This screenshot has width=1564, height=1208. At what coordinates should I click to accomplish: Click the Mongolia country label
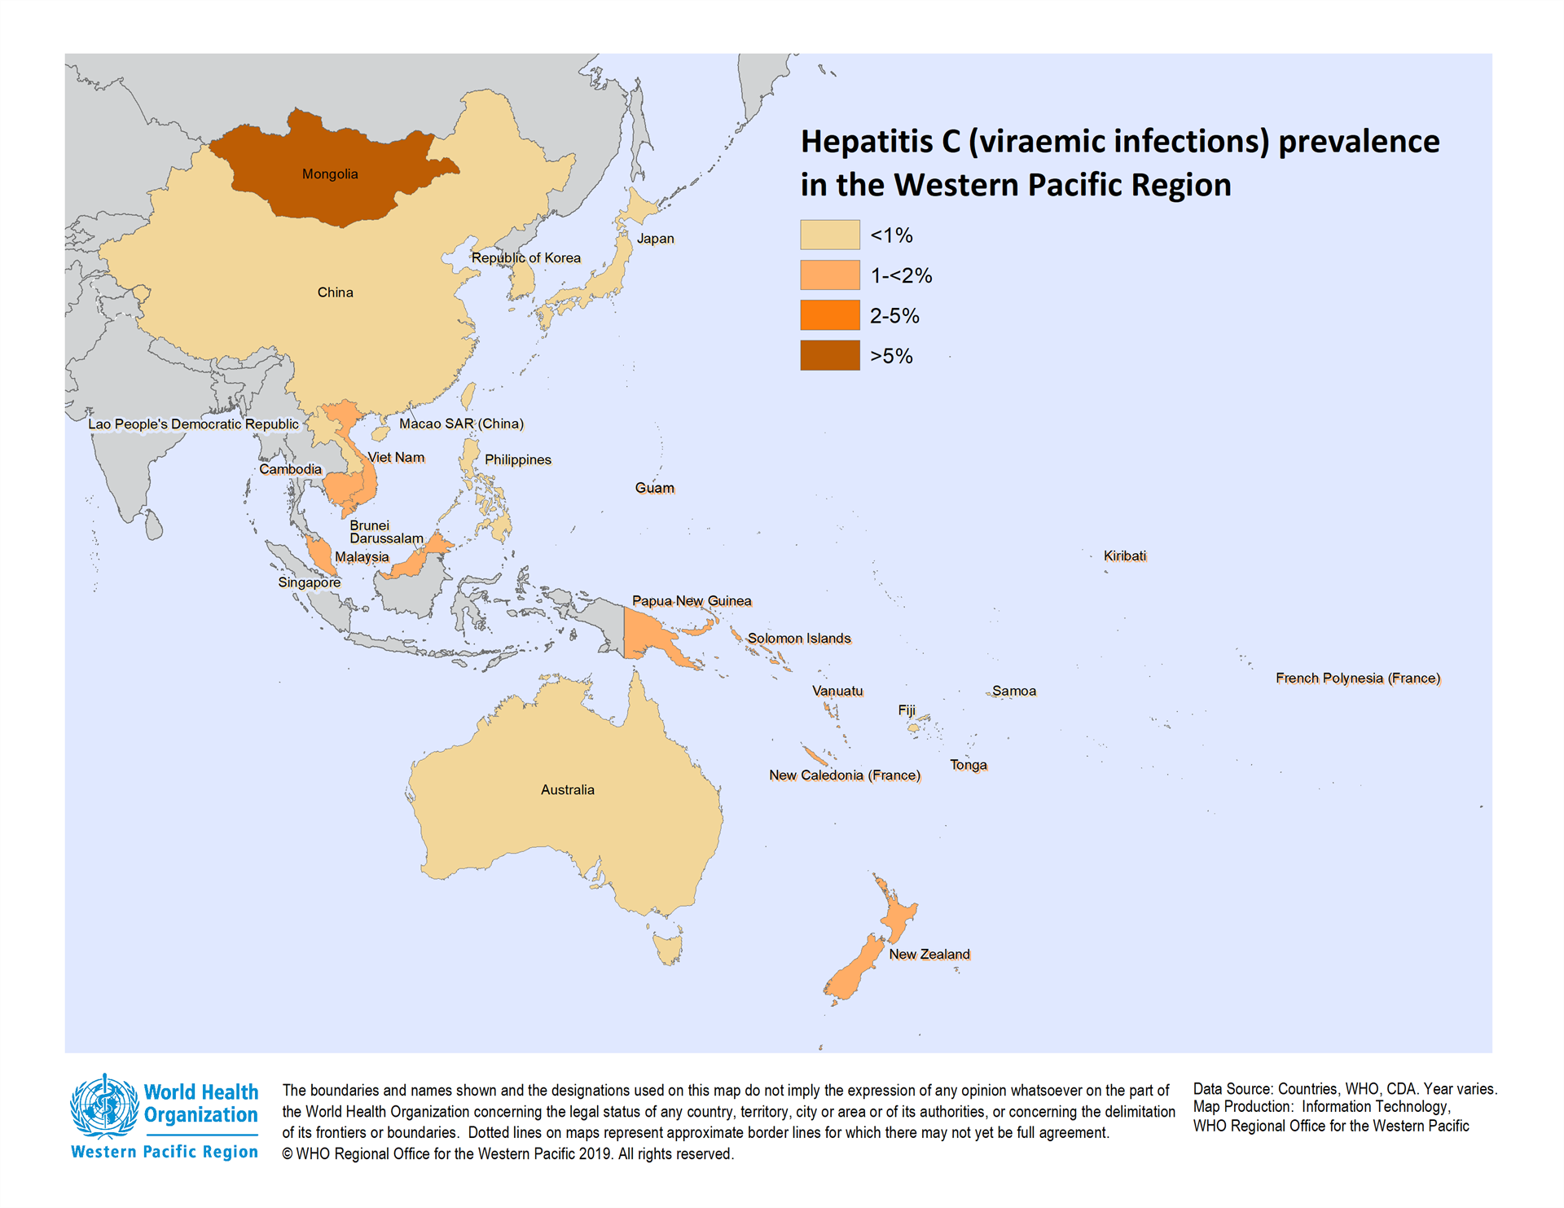tap(330, 174)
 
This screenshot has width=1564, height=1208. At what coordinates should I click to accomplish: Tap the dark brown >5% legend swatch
tap(829, 355)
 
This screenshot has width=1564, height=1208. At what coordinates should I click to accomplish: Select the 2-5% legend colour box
tap(829, 315)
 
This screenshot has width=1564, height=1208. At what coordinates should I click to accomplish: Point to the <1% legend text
tap(891, 235)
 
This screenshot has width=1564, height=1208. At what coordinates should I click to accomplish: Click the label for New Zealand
tap(929, 954)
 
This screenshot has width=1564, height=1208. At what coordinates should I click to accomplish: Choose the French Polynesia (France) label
tap(1357, 678)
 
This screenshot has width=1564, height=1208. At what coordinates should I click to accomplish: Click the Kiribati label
tap(1124, 556)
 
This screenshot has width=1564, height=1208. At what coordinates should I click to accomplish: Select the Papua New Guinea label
tap(692, 601)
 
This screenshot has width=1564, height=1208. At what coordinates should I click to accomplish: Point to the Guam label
tap(654, 488)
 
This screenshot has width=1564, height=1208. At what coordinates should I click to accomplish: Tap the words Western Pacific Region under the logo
tap(165, 1152)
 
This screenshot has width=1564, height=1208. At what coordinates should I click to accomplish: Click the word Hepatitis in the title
tap(867, 142)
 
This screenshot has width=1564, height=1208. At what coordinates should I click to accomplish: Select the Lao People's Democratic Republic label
tap(193, 424)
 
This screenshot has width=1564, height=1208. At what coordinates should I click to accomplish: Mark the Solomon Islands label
tap(798, 639)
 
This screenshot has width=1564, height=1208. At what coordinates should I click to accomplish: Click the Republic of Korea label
tap(525, 258)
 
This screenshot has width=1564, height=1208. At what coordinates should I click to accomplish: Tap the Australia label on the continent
tap(567, 789)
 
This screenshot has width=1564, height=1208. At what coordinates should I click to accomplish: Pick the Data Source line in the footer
tap(1344, 1089)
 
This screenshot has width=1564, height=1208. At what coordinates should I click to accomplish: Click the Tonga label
tap(968, 765)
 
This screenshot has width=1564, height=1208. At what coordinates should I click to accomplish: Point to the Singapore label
tap(309, 582)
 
